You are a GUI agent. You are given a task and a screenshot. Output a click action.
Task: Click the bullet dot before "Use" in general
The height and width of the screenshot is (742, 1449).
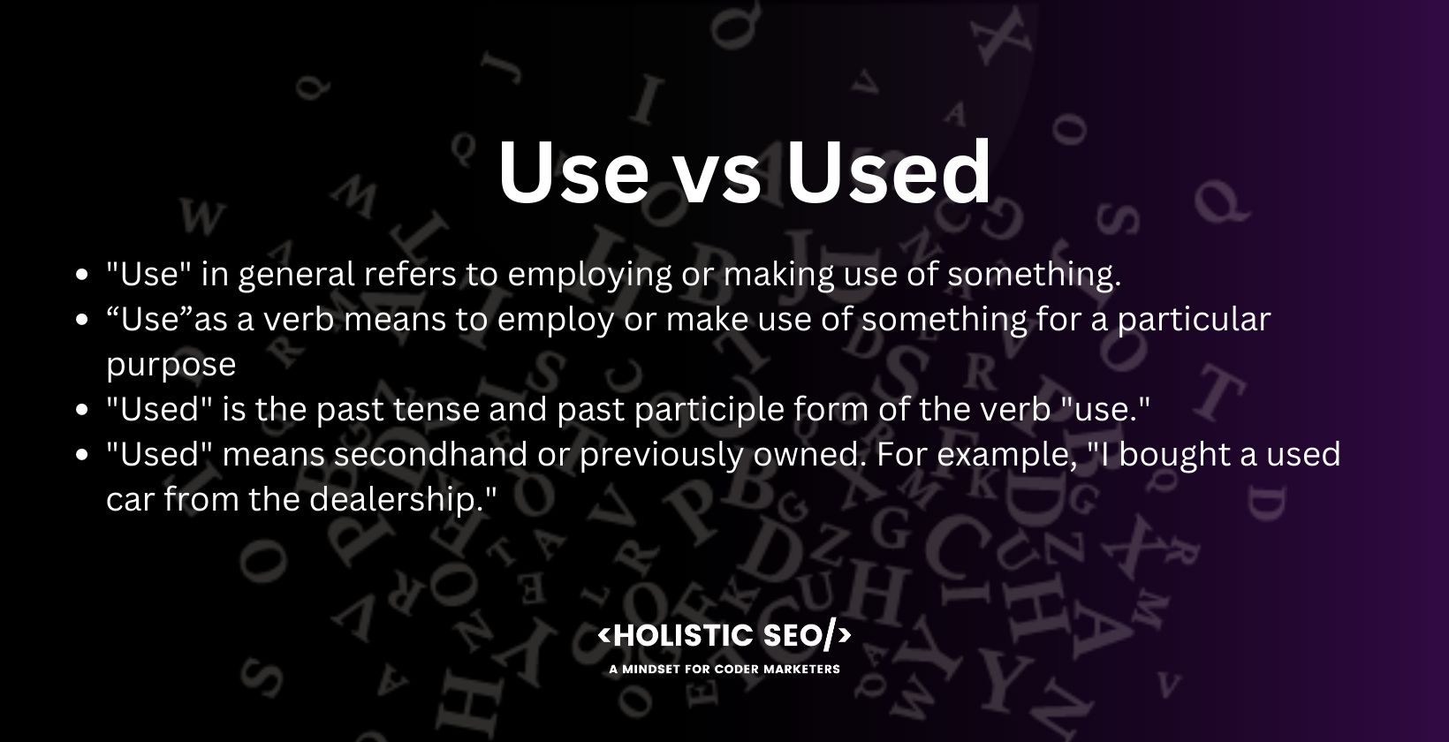82,275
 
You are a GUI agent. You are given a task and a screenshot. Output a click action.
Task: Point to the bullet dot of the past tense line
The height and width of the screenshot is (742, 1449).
82,410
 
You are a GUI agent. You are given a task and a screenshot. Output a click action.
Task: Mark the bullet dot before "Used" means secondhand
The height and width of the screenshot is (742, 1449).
82,455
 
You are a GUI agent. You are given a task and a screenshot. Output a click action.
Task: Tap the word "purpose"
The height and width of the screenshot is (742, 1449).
171,365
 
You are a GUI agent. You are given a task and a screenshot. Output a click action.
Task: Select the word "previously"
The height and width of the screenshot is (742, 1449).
661,454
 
